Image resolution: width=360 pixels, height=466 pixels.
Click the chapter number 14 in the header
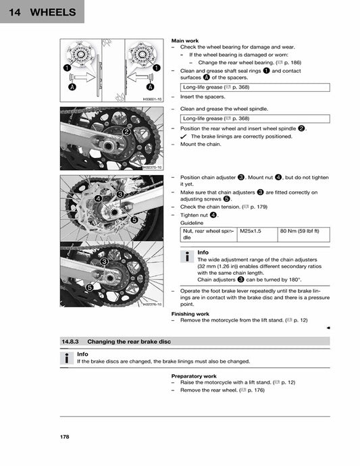[15, 12]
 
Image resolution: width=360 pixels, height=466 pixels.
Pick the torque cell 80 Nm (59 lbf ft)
[300, 231]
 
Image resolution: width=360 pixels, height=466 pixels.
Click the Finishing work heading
[190, 314]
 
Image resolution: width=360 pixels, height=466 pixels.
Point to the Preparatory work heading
[194, 376]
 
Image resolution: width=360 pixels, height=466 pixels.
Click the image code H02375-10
[153, 167]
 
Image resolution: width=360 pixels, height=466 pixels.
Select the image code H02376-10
[153, 305]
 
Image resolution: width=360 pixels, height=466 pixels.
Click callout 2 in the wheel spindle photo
[126, 132]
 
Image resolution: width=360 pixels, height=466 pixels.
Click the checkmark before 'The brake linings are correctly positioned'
[184, 136]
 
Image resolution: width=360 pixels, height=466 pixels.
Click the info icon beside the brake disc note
[67, 358]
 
